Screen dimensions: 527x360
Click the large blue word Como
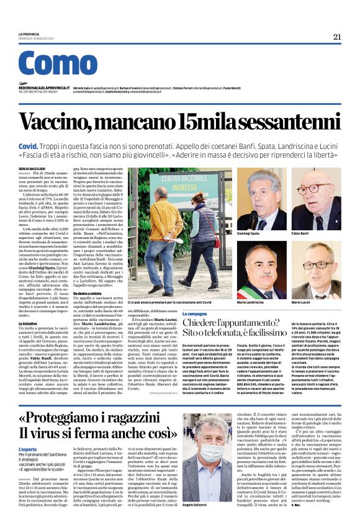[58, 66]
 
